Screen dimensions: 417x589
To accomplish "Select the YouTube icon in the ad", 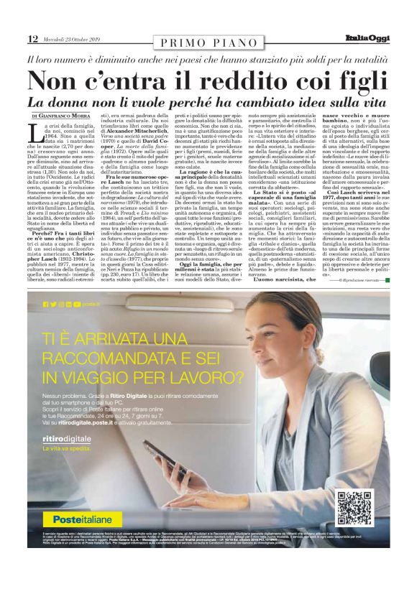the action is click(x=77, y=305).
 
